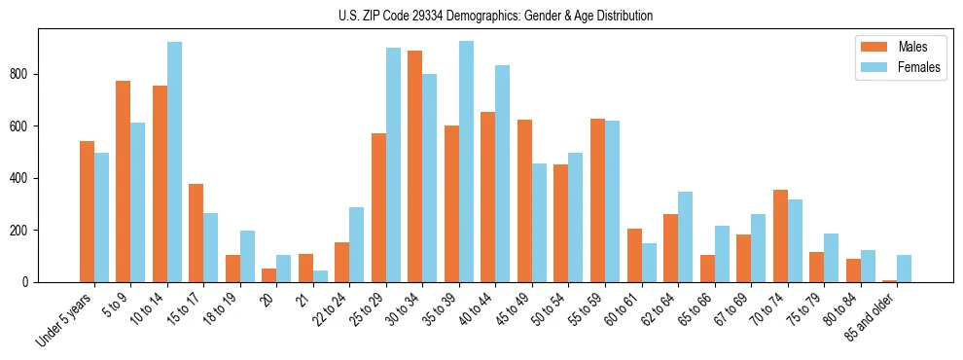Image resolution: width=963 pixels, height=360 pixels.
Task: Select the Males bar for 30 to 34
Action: (415, 166)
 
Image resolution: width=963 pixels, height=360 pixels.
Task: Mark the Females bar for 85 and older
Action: (904, 269)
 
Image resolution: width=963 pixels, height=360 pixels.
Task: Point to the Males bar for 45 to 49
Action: (524, 200)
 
